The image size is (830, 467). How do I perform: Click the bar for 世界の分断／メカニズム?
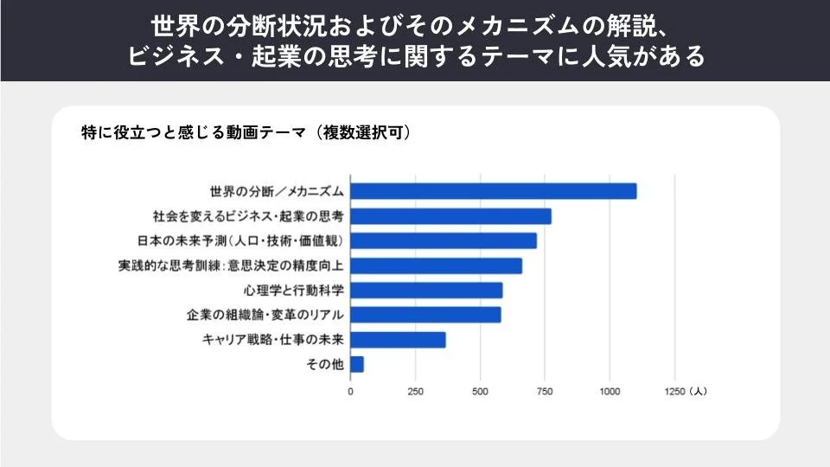[493, 191]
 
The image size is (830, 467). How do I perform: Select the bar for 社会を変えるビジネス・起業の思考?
[450, 216]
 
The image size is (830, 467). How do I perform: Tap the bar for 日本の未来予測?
[443, 240]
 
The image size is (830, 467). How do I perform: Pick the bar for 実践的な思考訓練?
[436, 265]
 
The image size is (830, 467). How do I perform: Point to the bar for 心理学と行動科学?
[426, 291]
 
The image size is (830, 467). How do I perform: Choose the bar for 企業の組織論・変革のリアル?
[425, 315]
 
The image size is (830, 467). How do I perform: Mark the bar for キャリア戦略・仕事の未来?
[398, 340]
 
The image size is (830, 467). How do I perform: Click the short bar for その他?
[357, 365]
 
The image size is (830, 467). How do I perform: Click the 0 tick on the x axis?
[350, 392]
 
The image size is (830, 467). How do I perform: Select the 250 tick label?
[415, 392]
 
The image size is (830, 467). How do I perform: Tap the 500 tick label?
[480, 392]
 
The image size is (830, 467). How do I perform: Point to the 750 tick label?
[545, 392]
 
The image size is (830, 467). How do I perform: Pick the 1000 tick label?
[610, 392]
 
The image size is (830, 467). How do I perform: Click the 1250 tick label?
[674, 392]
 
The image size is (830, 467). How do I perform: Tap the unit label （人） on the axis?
[698, 392]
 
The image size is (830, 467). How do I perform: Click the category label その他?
[326, 365]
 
